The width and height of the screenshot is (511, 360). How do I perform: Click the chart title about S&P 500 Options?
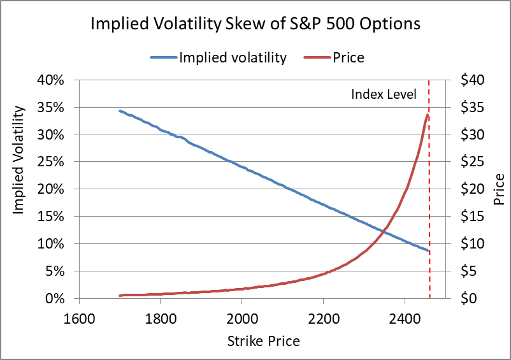point(255,24)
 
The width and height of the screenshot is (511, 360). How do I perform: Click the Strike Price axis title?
point(263,341)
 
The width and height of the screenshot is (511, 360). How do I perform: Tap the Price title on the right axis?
point(500,189)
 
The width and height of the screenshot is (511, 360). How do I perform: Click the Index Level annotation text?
point(384,94)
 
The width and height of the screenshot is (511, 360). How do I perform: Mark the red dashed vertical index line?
point(429,191)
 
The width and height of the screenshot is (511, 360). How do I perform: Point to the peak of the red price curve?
point(428,115)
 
